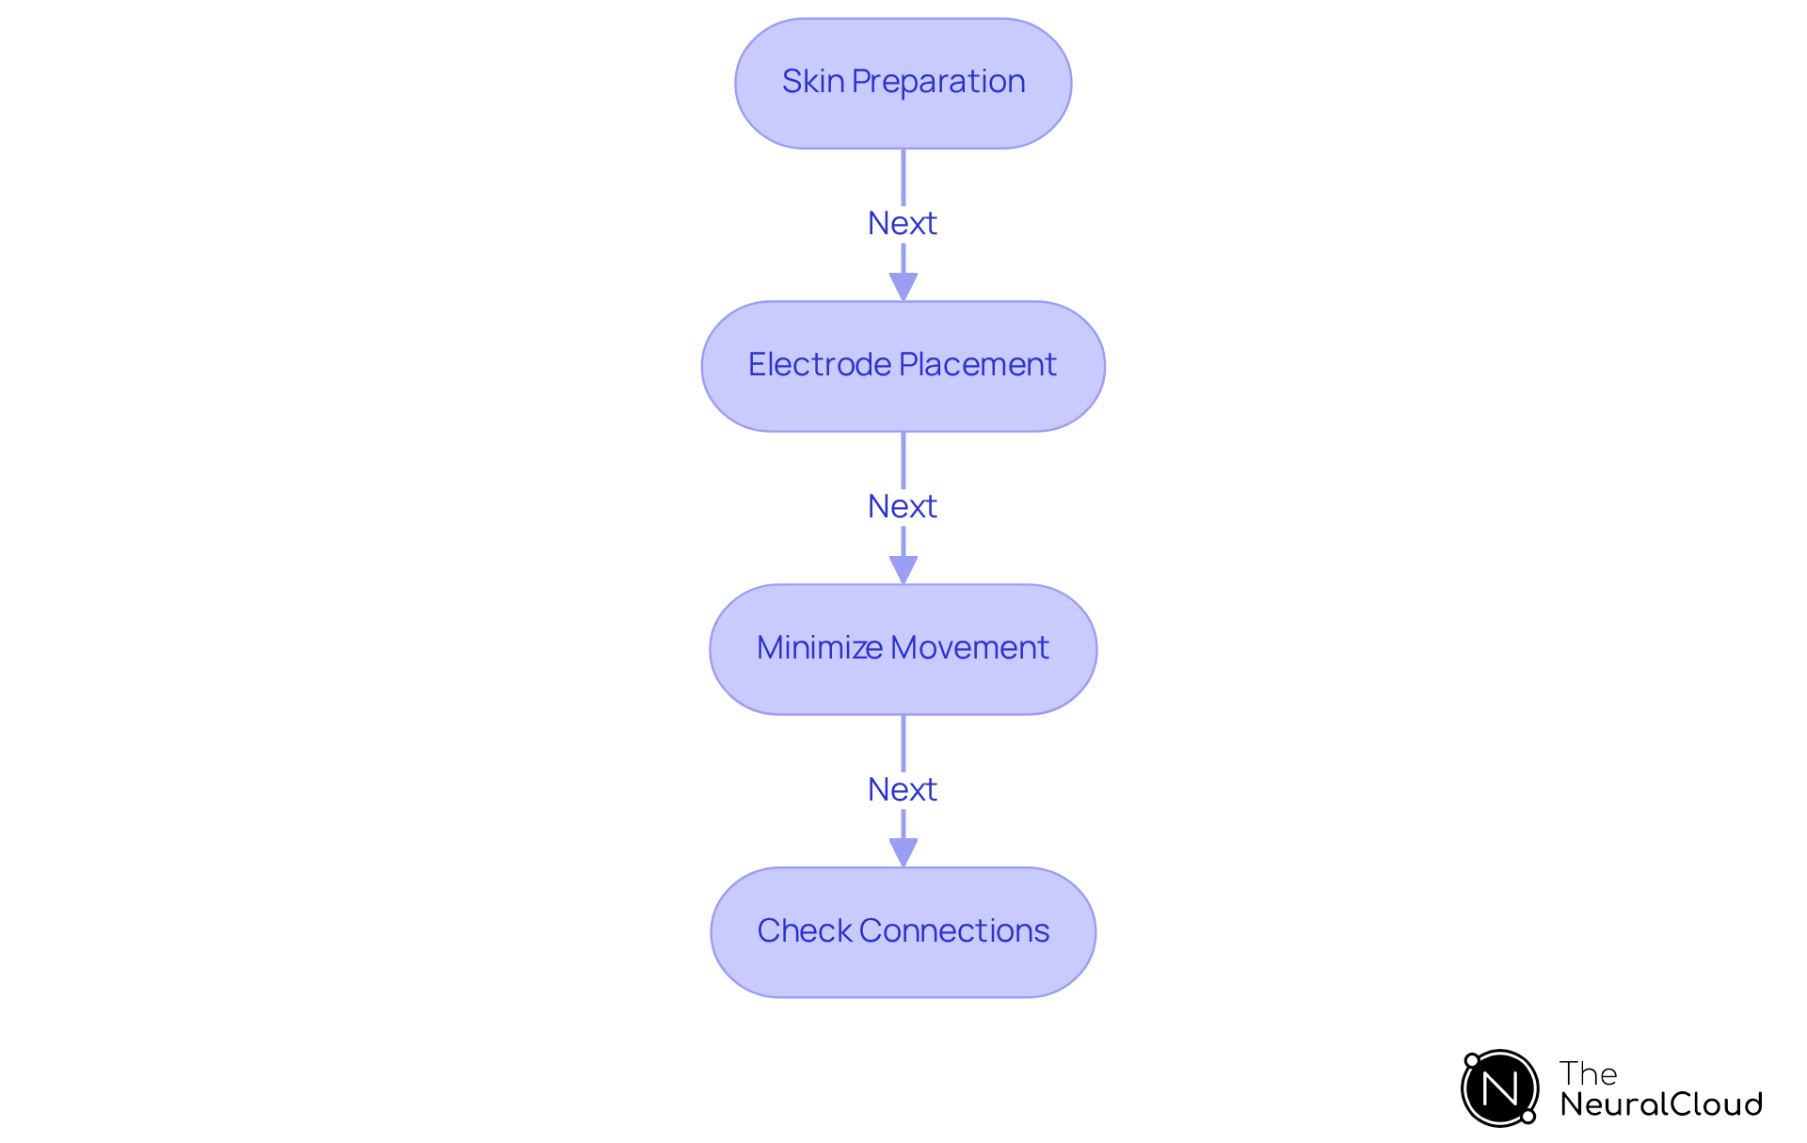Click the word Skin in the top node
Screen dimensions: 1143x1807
[x=812, y=82]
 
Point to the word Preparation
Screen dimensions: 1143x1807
[x=938, y=82]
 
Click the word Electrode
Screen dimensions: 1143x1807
[x=819, y=365]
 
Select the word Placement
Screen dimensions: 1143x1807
[x=978, y=365]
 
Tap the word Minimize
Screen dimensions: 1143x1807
[x=819, y=648]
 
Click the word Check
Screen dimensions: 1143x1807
[x=805, y=931]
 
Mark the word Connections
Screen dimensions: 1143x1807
[x=954, y=931]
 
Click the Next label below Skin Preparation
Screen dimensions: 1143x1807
[x=903, y=224]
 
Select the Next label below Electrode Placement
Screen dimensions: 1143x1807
[x=903, y=507]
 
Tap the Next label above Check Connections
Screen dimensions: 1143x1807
[x=903, y=790]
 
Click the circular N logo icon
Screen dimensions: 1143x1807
[x=1499, y=1088]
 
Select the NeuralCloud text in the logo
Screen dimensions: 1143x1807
[x=1661, y=1104]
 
